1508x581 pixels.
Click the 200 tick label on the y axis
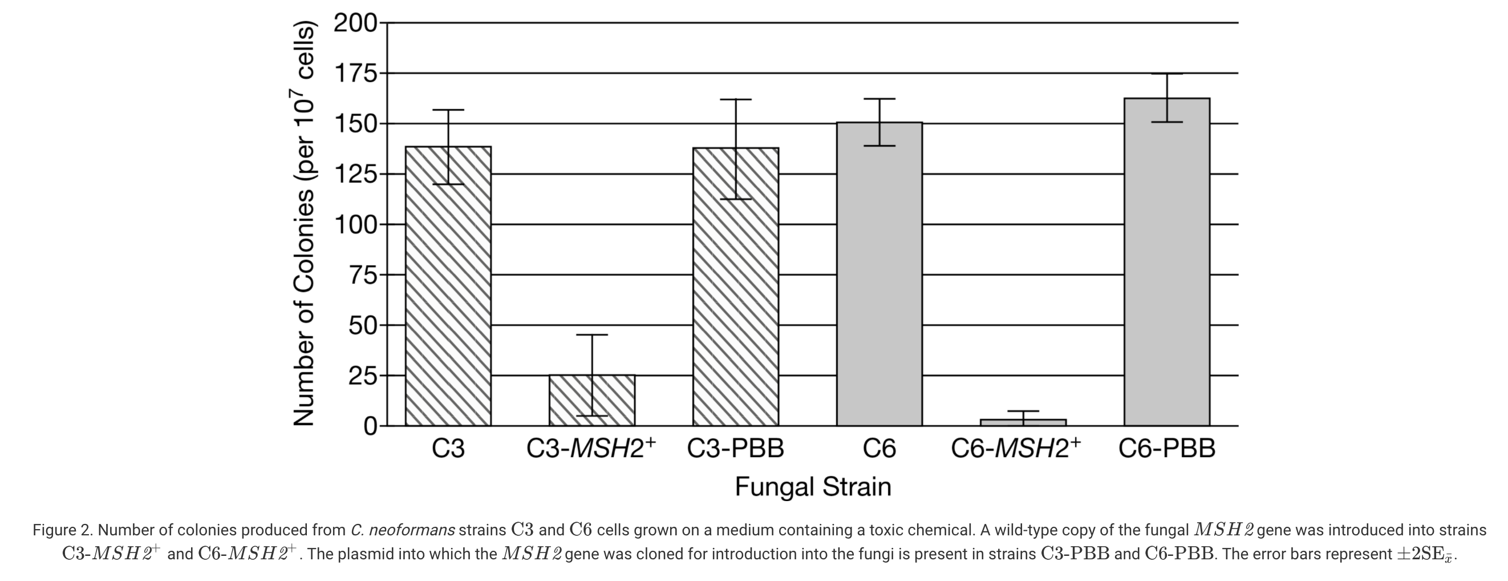click(356, 23)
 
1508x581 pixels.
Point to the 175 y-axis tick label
click(356, 74)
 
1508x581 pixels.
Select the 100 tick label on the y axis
click(356, 224)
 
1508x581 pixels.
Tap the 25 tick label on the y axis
click(363, 376)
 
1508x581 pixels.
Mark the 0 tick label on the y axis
click(371, 426)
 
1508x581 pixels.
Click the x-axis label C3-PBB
click(735, 449)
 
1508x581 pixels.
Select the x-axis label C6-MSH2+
click(1016, 449)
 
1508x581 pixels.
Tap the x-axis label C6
click(879, 449)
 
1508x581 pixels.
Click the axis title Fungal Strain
click(813, 487)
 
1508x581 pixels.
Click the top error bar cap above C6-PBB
click(1167, 74)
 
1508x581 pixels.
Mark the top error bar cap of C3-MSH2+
click(592, 334)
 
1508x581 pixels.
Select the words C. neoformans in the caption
click(403, 530)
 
